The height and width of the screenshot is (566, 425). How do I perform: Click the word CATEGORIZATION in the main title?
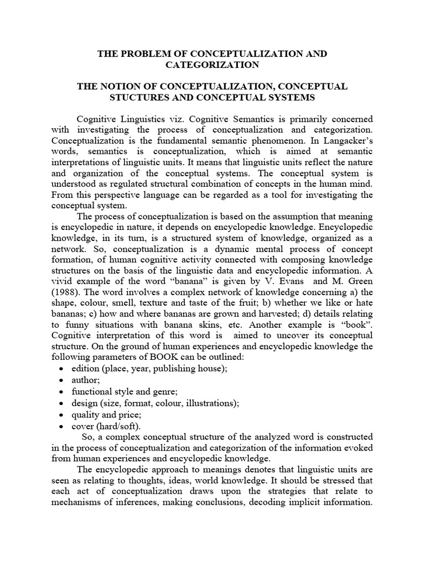[x=212, y=65]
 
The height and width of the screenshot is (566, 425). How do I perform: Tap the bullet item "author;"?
[x=85, y=380]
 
